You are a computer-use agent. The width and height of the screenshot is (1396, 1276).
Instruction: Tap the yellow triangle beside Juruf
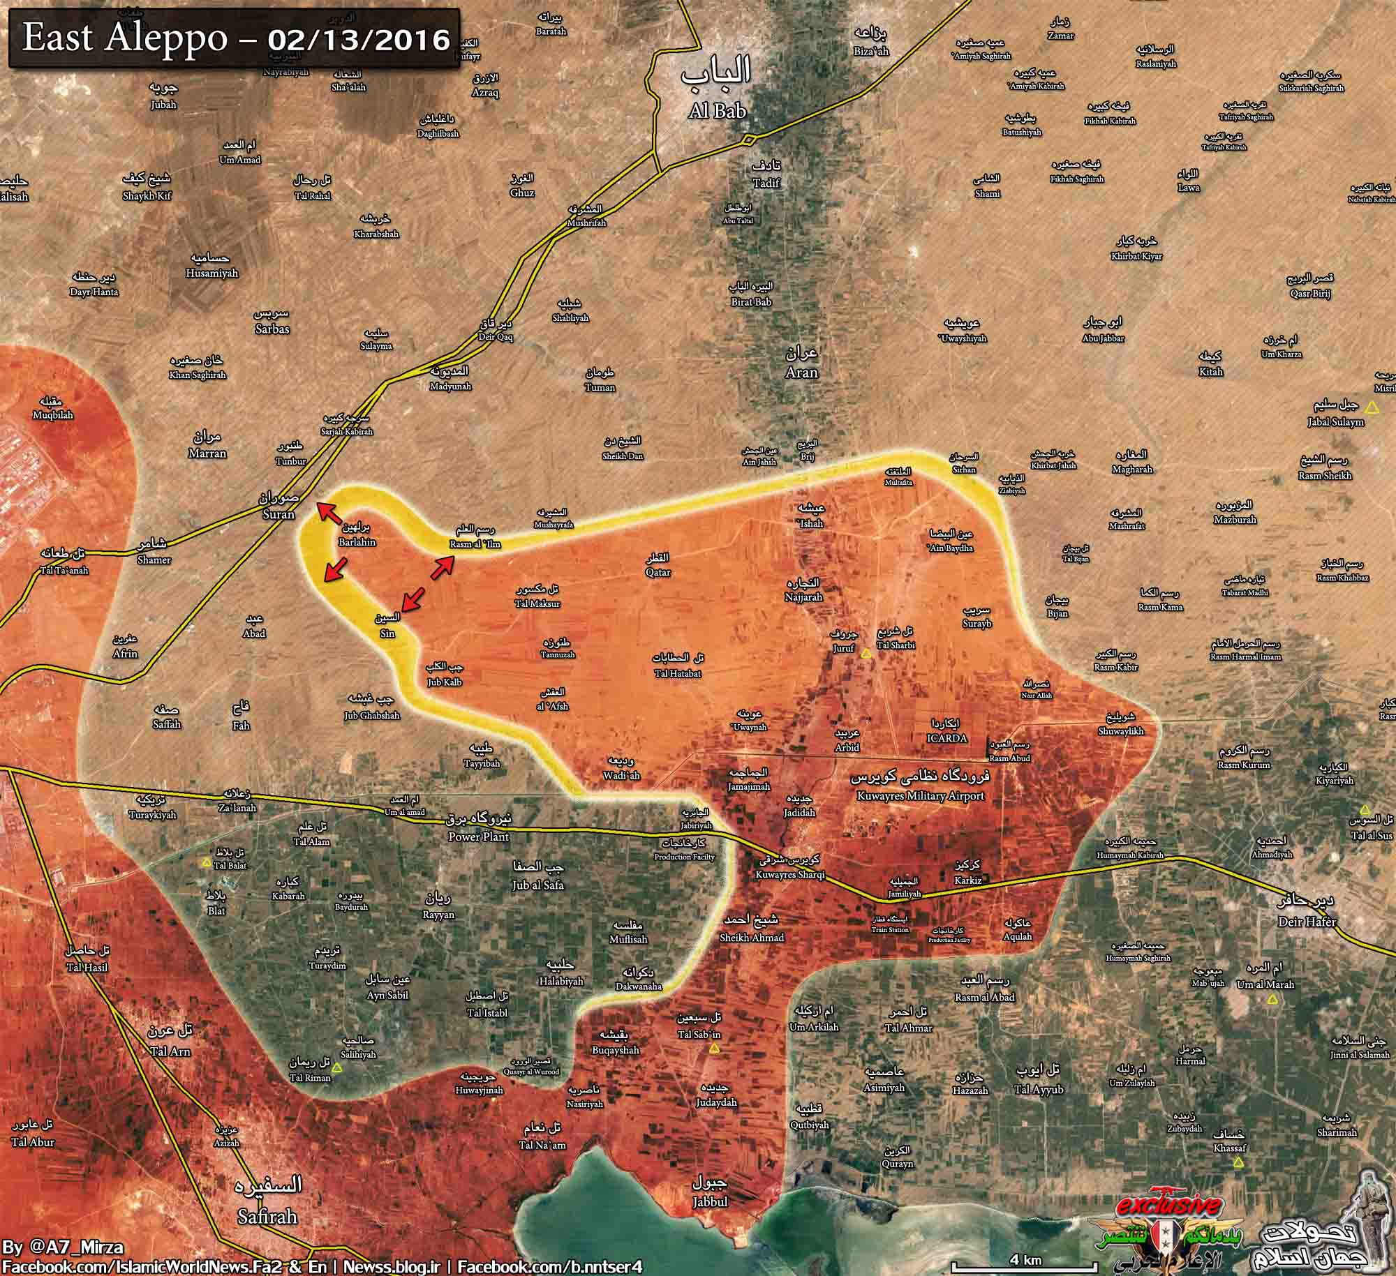[866, 654]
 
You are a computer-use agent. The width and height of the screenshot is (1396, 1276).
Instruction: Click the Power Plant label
[479, 836]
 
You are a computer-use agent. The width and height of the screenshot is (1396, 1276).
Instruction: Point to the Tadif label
[766, 182]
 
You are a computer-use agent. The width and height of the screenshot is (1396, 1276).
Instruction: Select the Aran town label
[801, 372]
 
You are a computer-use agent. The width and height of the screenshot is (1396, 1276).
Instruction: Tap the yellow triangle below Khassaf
[1238, 1162]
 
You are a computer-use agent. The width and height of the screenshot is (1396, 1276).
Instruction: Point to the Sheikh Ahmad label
[752, 938]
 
